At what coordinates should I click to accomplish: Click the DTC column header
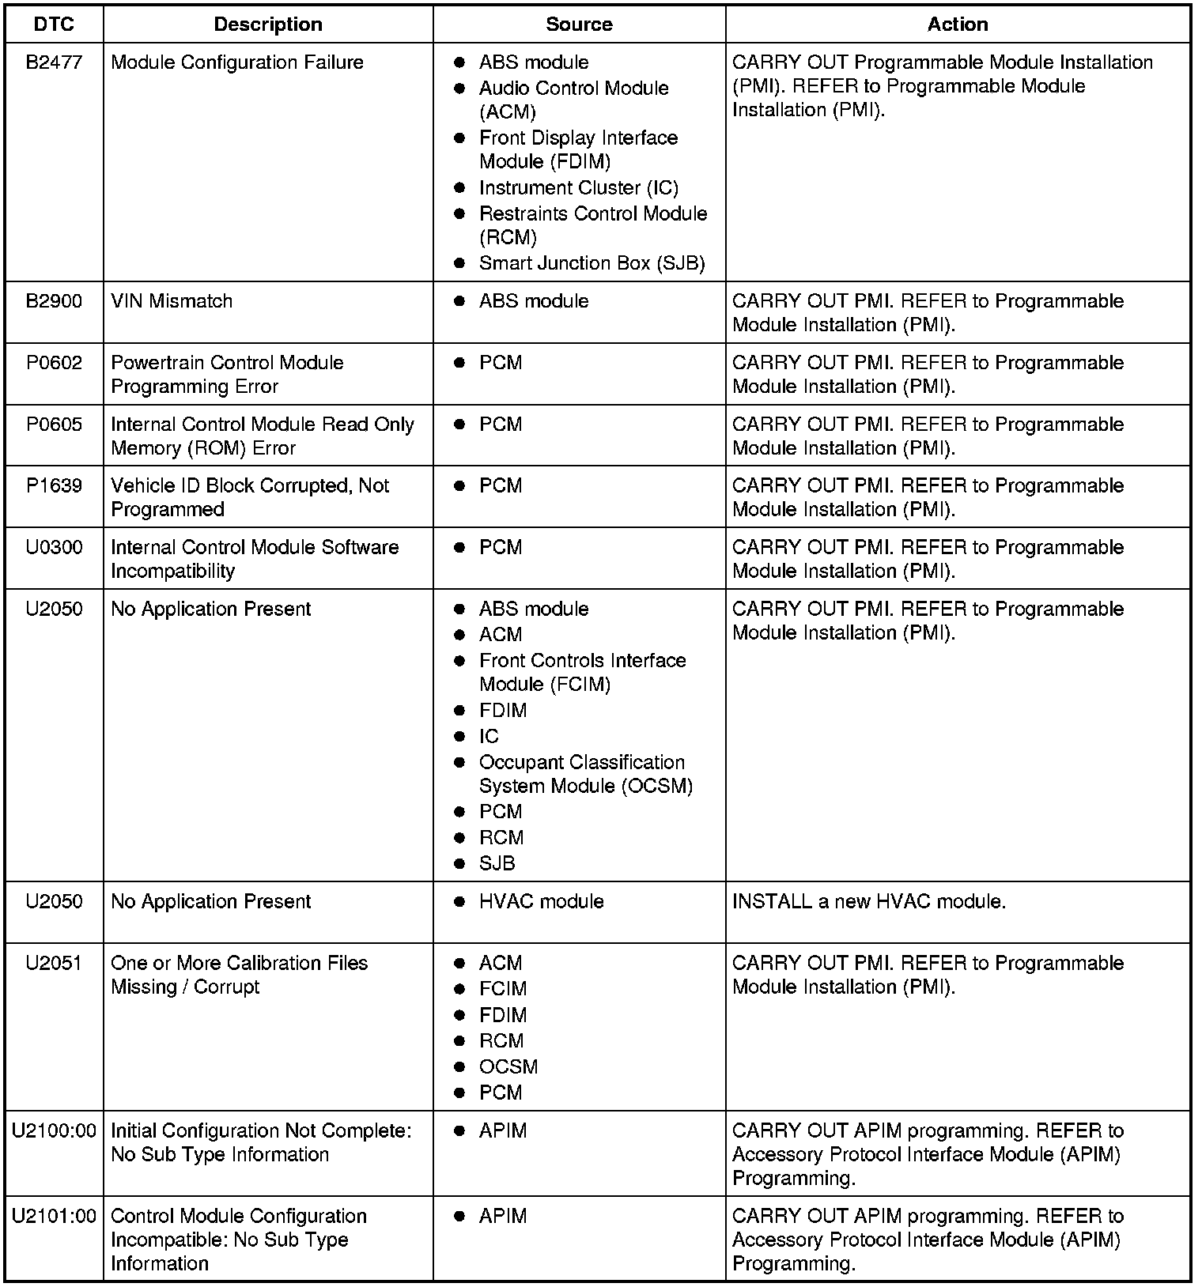point(54,25)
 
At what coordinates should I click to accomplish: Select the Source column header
point(579,25)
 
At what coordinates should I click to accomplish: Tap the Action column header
point(958,25)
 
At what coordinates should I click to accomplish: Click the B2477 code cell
point(54,62)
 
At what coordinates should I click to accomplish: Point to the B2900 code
point(54,301)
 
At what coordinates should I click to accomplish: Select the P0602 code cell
point(54,363)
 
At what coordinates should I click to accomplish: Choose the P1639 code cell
point(54,486)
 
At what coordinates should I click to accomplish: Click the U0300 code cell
point(54,548)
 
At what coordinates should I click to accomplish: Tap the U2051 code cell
point(54,964)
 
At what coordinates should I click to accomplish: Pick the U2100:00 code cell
point(54,1131)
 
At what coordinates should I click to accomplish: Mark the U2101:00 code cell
point(54,1217)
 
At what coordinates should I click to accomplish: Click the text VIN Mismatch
point(172,301)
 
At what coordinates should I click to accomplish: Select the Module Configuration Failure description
point(237,62)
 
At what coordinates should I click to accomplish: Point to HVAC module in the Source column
point(541,902)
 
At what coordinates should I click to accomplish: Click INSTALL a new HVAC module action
point(869,902)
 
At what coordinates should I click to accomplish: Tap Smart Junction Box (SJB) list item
point(592,263)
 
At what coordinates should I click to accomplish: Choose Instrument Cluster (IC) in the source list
point(578,188)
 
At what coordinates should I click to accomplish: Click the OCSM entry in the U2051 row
point(508,1067)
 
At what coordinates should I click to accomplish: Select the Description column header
point(268,25)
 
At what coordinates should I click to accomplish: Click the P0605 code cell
point(54,425)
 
